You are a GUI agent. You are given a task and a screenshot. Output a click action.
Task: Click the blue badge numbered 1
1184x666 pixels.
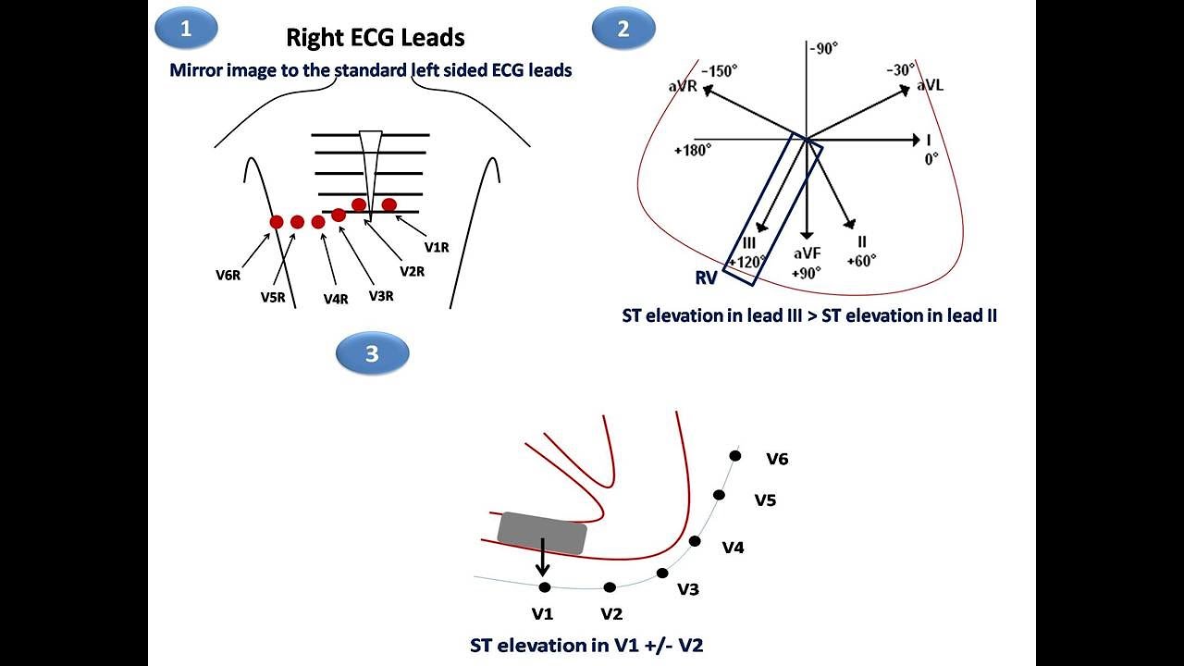186,29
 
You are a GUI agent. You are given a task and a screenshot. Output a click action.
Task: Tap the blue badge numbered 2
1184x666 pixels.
623,29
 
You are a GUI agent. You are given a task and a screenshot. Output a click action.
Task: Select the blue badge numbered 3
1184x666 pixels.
372,354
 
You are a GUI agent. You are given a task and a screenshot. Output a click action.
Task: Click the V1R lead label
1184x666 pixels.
438,247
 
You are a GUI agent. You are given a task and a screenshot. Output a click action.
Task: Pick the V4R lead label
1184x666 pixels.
336,299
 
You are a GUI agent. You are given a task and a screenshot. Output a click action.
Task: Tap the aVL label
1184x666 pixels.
931,85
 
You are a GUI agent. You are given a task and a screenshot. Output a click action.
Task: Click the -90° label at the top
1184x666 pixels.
823,48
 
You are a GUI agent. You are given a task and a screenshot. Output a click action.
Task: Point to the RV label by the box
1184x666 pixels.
707,277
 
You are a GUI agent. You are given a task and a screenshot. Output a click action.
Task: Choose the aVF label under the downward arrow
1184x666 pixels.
808,253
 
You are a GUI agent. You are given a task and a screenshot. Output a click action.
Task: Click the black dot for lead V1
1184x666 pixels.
544,587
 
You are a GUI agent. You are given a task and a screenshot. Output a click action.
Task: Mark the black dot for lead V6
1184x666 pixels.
735,455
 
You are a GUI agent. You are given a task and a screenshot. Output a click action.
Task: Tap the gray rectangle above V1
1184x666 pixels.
542,533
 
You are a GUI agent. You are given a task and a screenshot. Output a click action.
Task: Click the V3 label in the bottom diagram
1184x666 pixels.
688,589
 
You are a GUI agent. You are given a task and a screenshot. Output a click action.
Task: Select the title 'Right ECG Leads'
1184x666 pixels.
375,37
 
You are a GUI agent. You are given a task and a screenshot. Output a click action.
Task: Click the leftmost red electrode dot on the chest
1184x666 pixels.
276,222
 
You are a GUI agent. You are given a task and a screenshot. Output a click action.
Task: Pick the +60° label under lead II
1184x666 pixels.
861,261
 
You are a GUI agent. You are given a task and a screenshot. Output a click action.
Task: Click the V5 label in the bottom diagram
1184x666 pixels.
765,500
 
